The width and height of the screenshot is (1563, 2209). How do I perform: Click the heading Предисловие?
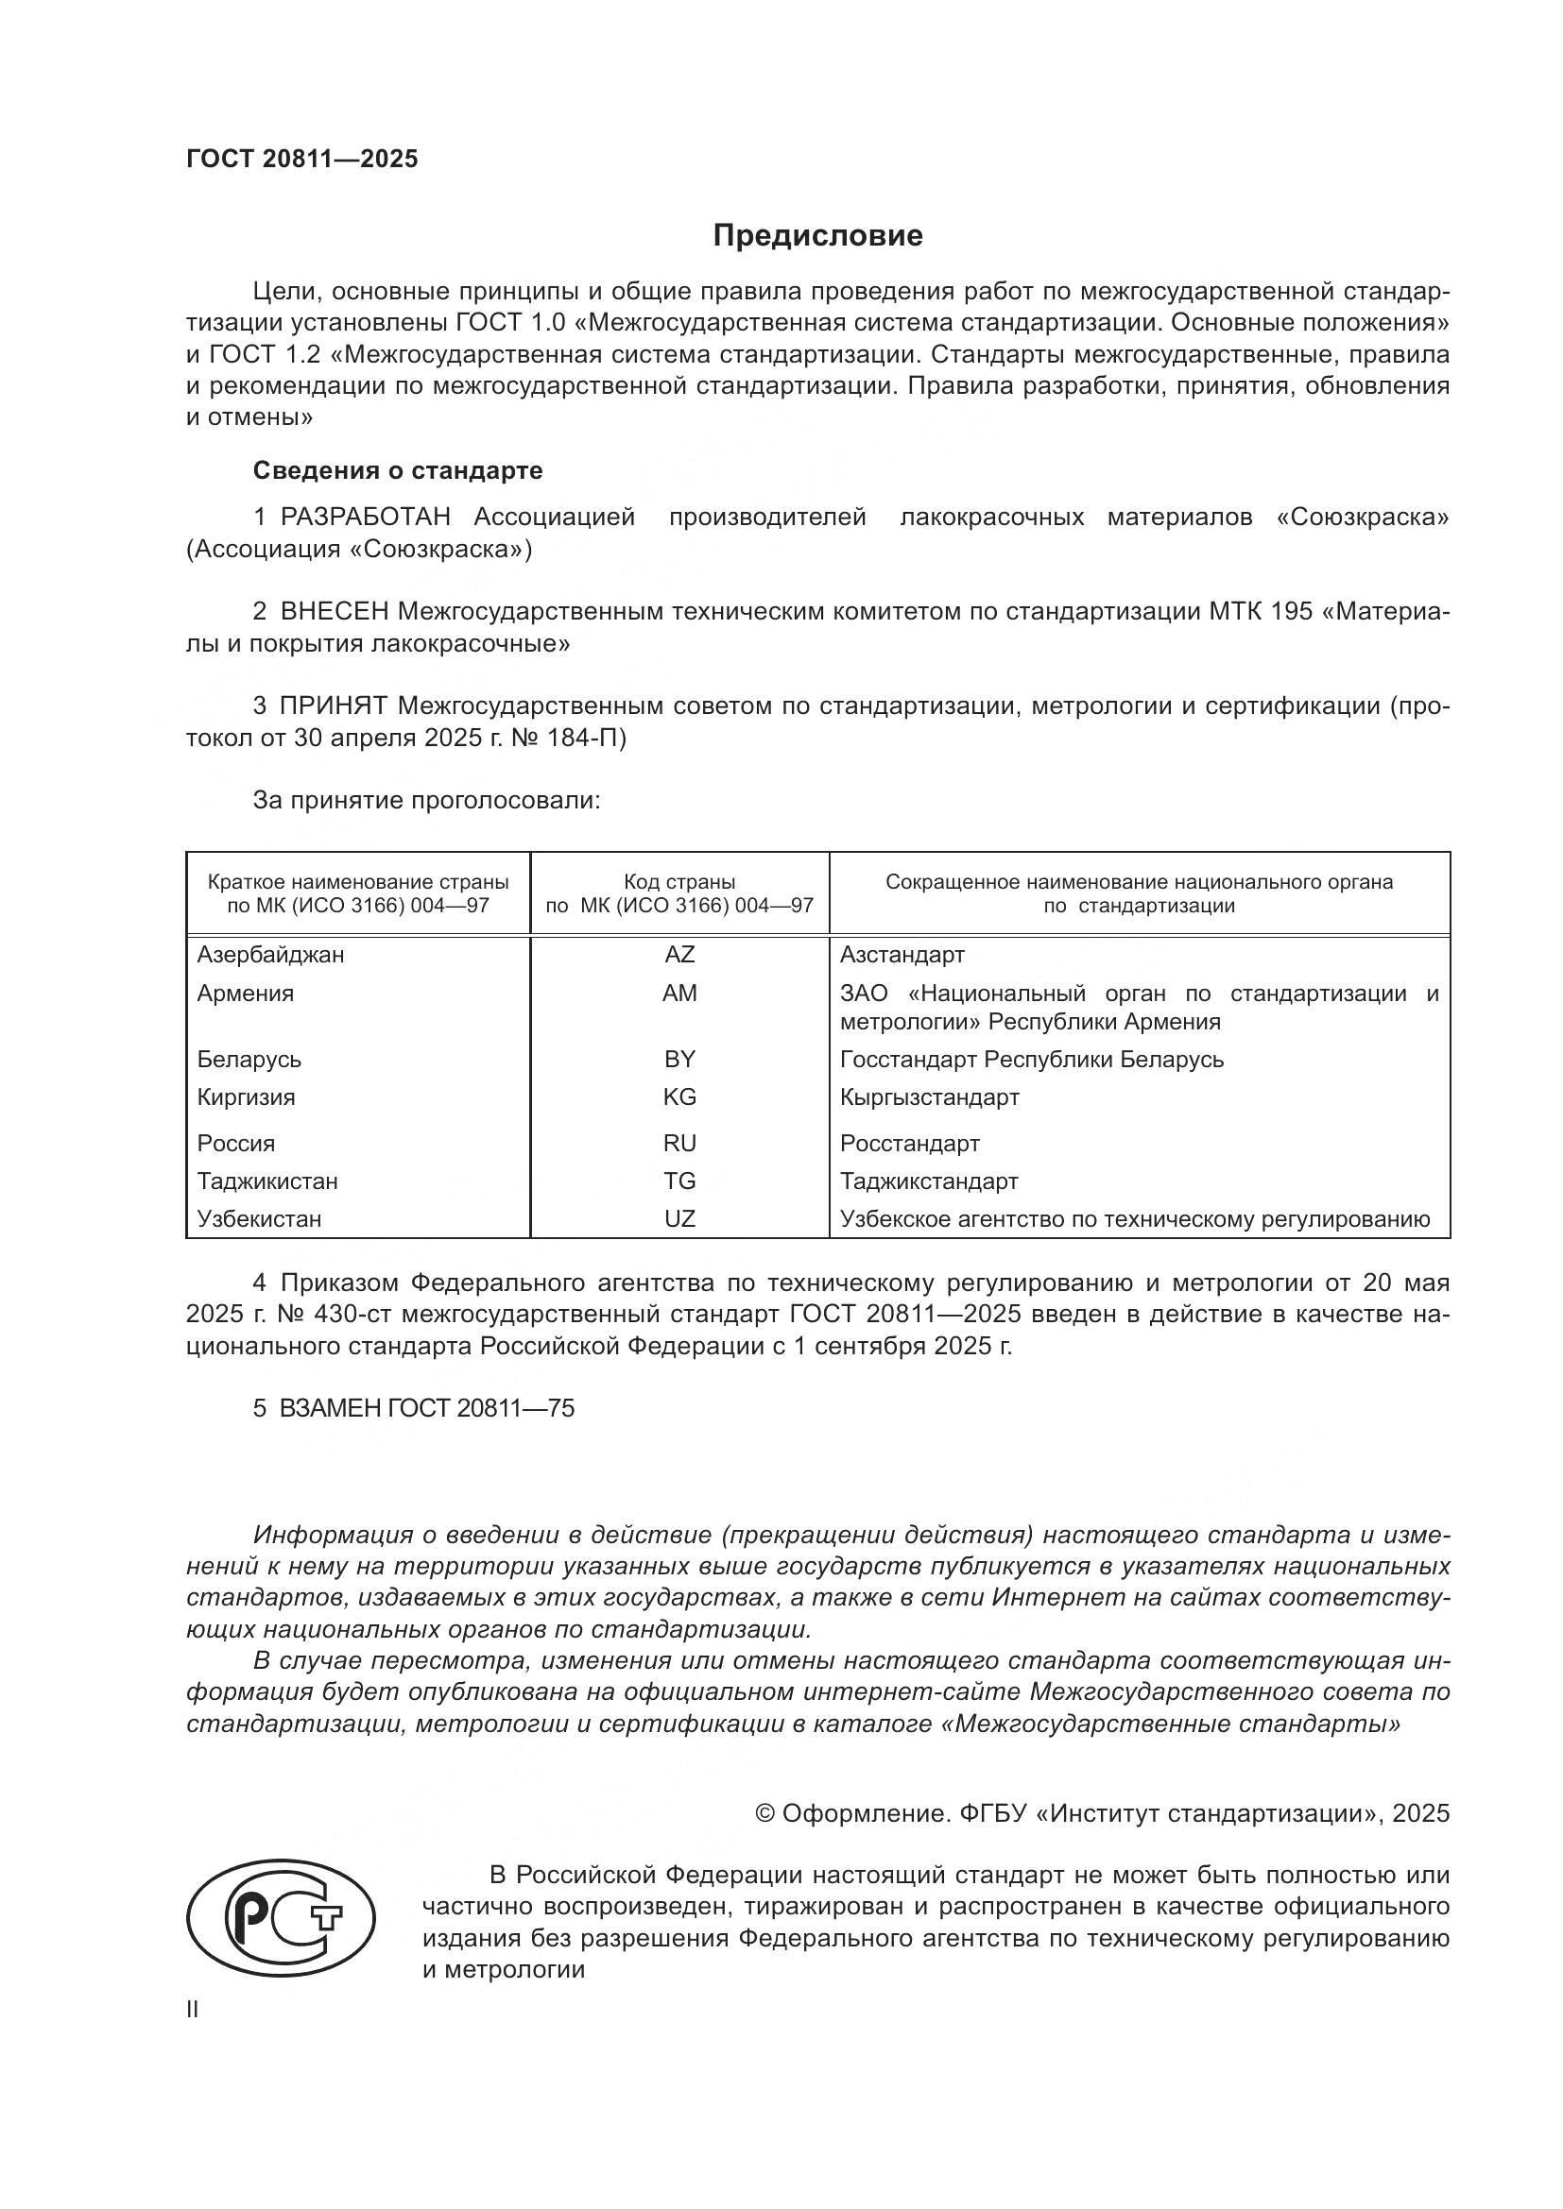tap(818, 236)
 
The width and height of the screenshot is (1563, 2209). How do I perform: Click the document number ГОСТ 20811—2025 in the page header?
tap(302, 160)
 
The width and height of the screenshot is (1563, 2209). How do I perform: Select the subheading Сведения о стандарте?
tap(398, 470)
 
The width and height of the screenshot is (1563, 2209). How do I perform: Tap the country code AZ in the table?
tap(679, 955)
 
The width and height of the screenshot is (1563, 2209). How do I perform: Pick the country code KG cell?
tap(679, 1096)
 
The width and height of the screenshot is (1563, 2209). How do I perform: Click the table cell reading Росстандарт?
tap(909, 1143)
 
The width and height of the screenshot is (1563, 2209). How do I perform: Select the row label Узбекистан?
tap(259, 1219)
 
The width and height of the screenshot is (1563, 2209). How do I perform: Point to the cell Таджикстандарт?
tap(929, 1181)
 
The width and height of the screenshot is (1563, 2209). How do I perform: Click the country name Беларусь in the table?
tap(249, 1060)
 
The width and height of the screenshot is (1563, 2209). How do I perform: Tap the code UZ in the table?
tap(679, 1219)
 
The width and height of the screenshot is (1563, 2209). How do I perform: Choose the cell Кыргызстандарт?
tap(930, 1096)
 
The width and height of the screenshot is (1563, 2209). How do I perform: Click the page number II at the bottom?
tap(193, 2010)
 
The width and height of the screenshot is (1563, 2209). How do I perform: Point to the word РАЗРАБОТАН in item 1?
tap(366, 518)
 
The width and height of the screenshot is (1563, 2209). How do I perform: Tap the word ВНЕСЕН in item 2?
tap(335, 612)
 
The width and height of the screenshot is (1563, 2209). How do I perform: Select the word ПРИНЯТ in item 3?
tap(334, 706)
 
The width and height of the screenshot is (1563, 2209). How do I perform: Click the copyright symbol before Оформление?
tap(765, 1813)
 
